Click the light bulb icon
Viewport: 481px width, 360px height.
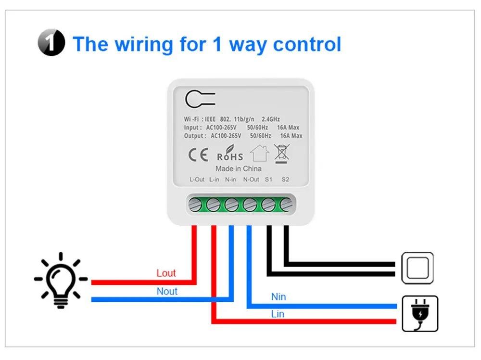[61, 280]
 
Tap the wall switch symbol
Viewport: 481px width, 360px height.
[418, 268]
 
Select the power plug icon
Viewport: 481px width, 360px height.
[420, 314]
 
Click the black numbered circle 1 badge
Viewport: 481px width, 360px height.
[51, 42]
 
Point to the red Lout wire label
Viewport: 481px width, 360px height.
[166, 273]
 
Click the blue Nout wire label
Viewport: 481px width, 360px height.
[167, 291]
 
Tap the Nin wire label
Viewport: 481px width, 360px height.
[278, 297]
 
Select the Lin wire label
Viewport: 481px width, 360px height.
[278, 314]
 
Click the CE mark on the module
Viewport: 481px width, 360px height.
[198, 154]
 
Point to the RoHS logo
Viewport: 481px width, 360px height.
[230, 154]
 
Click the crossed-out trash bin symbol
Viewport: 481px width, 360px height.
[281, 154]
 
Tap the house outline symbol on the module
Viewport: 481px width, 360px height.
[260, 153]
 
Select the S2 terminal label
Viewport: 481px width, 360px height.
[285, 180]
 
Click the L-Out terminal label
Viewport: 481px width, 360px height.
[197, 180]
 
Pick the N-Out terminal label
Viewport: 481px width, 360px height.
[251, 180]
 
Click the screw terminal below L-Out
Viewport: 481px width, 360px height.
[195, 205]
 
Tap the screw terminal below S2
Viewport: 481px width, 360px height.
[286, 205]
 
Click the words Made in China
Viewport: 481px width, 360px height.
[239, 169]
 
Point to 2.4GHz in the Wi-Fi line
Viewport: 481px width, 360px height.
[270, 119]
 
